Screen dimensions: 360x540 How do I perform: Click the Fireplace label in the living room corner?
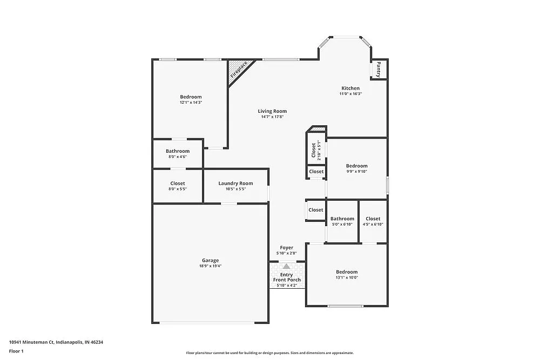pyautogui.click(x=239, y=70)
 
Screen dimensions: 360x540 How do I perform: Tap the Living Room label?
pyautogui.click(x=272, y=111)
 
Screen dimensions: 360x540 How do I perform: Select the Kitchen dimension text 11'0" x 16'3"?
pyautogui.click(x=350, y=94)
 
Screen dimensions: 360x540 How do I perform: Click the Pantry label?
pyautogui.click(x=379, y=70)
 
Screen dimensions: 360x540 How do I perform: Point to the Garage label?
pyautogui.click(x=210, y=260)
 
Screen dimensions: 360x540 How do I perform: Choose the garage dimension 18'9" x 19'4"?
pyautogui.click(x=210, y=266)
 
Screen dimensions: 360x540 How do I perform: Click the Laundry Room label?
pyautogui.click(x=235, y=184)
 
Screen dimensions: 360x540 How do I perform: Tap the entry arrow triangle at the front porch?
pyautogui.click(x=287, y=266)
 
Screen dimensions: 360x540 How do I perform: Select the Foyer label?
pyautogui.click(x=286, y=248)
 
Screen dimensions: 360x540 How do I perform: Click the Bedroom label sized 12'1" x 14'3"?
pyautogui.click(x=191, y=97)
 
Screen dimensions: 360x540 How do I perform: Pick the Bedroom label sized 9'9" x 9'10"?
pyautogui.click(x=356, y=166)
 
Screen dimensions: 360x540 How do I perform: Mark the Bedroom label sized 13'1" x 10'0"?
pyautogui.click(x=347, y=272)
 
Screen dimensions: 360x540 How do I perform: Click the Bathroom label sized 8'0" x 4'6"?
pyautogui.click(x=178, y=151)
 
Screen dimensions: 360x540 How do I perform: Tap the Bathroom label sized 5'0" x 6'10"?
pyautogui.click(x=342, y=219)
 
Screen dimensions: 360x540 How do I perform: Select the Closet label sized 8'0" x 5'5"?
pyautogui.click(x=178, y=184)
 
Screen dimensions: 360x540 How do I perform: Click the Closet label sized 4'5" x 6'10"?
pyautogui.click(x=373, y=219)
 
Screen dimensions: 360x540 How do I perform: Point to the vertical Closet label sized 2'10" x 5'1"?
pyautogui.click(x=313, y=151)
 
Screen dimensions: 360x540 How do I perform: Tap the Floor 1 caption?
pyautogui.click(x=16, y=351)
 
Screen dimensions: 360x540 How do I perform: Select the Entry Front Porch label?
pyautogui.click(x=287, y=277)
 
